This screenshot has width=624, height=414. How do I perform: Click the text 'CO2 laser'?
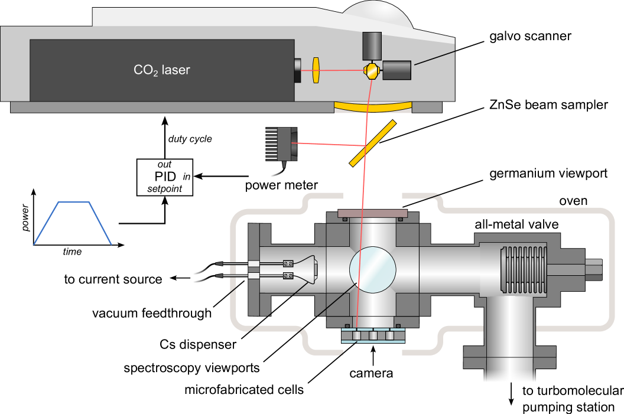[x=161, y=70]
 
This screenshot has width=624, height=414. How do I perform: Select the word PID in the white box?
[x=166, y=177]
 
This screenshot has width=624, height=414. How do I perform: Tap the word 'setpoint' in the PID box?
[x=165, y=190]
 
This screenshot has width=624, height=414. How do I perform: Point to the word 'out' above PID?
[x=164, y=165]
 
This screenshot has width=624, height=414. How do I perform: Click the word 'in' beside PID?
[x=187, y=177]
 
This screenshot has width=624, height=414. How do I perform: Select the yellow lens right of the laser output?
[x=316, y=70]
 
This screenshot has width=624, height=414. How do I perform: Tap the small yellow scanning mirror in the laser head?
[x=371, y=71]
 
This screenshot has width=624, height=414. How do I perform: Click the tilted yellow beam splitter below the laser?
[x=372, y=143]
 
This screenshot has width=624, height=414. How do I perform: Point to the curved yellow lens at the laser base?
[x=373, y=107]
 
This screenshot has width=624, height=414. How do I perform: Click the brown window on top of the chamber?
[x=372, y=213]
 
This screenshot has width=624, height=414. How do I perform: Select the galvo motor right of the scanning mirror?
[x=397, y=70]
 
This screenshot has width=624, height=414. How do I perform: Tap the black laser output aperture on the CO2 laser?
[x=297, y=70]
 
